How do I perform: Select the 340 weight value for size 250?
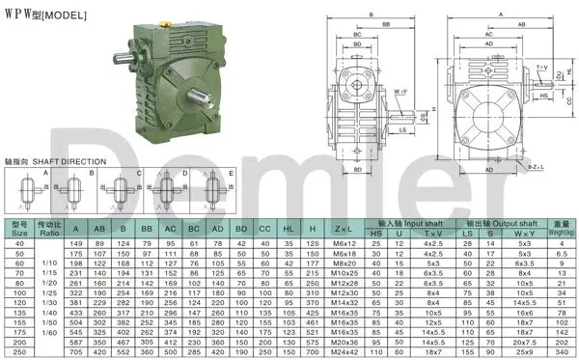(562, 352)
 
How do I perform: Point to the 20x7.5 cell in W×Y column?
(524, 342)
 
